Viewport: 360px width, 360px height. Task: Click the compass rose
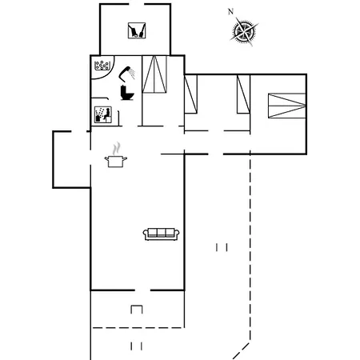pyautogui.click(x=244, y=31)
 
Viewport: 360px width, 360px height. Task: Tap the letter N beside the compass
pyautogui.click(x=230, y=11)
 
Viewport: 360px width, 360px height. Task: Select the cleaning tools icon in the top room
pyautogui.click(x=137, y=30)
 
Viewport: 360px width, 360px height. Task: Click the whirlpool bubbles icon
pyautogui.click(x=102, y=66)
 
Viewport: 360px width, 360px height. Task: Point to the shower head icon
pyautogui.click(x=126, y=72)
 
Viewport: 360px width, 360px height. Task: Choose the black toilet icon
pyautogui.click(x=127, y=93)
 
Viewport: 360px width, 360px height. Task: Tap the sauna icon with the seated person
pyautogui.click(x=103, y=114)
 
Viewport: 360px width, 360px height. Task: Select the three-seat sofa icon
pyautogui.click(x=162, y=234)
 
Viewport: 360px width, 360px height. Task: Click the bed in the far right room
pyautogui.click(x=287, y=106)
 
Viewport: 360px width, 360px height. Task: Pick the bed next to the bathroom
pyautogui.click(x=154, y=74)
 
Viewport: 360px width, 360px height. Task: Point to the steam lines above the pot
pyautogui.click(x=116, y=149)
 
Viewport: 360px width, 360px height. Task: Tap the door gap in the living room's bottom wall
pyautogui.click(x=142, y=290)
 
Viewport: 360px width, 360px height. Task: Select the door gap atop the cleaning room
pyautogui.click(x=137, y=4)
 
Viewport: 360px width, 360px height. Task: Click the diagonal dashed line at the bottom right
pyautogui.click(x=241, y=351)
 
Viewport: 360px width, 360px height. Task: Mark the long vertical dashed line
pyautogui.click(x=250, y=246)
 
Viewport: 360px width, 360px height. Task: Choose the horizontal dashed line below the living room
pyautogui.click(x=138, y=328)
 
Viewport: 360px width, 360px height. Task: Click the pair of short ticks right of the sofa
pyautogui.click(x=222, y=247)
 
